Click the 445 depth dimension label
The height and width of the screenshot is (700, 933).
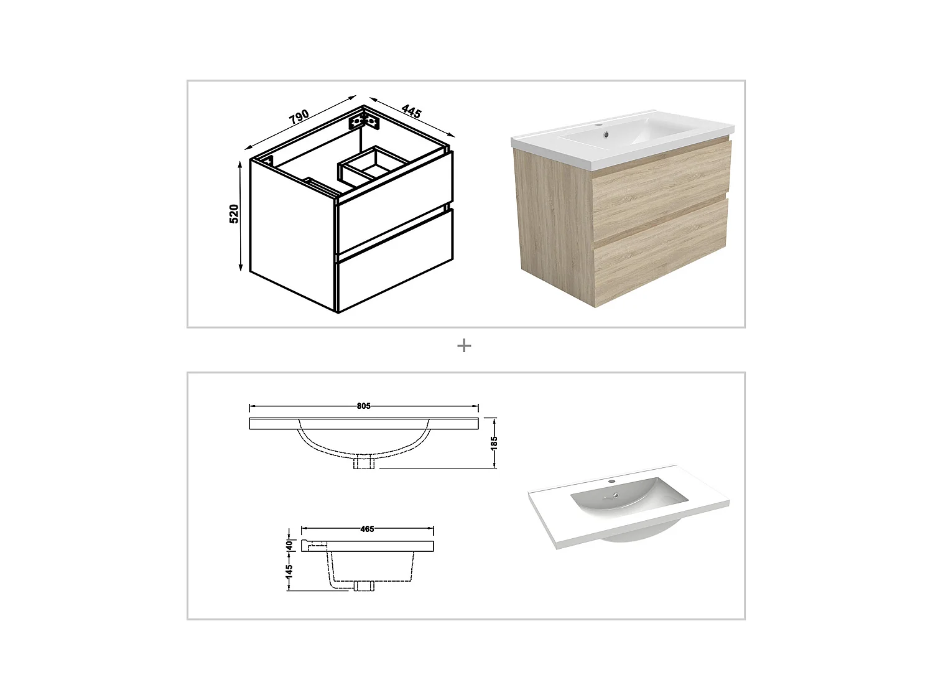tap(411, 112)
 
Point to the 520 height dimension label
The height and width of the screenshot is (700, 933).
tap(234, 213)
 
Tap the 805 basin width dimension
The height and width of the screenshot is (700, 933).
tap(364, 406)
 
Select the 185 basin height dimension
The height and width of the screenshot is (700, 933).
tap(494, 443)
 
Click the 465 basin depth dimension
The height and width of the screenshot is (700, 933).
tap(367, 529)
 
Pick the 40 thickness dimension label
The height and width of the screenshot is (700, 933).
tap(289, 544)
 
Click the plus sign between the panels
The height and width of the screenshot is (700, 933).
tap(464, 346)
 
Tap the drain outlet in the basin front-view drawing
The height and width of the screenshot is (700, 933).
tap(363, 462)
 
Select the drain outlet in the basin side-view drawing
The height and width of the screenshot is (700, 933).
tap(364, 587)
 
